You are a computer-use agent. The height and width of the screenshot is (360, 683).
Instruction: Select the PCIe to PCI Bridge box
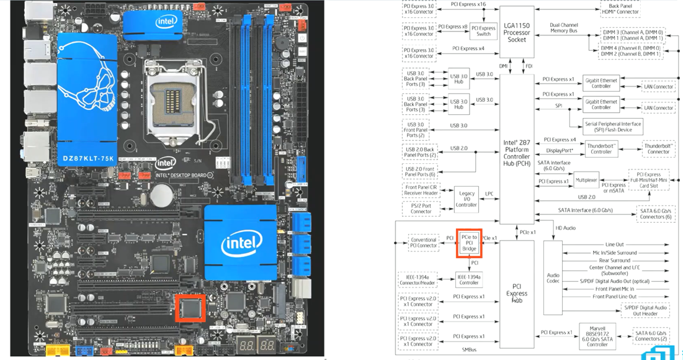click(x=469, y=243)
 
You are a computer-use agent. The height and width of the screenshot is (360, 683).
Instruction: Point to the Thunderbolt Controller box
click(x=601, y=148)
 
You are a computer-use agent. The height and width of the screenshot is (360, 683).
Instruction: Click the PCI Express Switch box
click(x=483, y=30)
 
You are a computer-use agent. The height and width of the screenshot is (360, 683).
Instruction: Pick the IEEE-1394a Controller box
click(x=469, y=279)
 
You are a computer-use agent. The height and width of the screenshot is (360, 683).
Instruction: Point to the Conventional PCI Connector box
click(x=423, y=241)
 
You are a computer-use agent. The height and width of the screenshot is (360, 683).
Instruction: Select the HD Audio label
click(x=565, y=228)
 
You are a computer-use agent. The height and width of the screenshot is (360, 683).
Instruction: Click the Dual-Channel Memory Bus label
click(x=563, y=28)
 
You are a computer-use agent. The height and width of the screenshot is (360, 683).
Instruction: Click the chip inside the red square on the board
click(x=191, y=307)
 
